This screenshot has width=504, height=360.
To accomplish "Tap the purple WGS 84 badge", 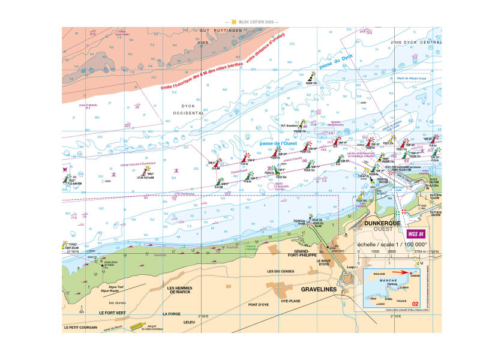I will tap(418, 234).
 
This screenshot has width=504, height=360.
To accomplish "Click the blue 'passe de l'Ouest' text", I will tap(277, 144).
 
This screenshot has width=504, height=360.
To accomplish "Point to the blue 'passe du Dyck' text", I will tap(338, 64).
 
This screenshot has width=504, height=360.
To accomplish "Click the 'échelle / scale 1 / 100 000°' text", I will tap(392, 245).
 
